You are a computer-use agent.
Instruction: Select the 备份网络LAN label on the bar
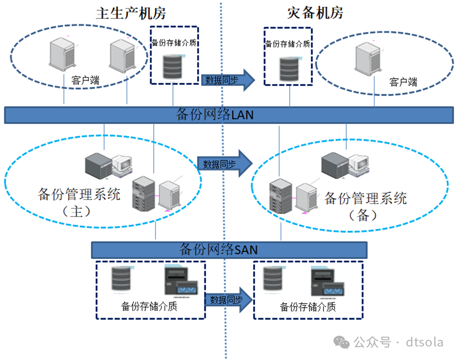click(215, 114)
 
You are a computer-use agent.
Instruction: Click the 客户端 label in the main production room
click(85, 81)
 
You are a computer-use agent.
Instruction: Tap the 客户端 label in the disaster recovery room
click(403, 82)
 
